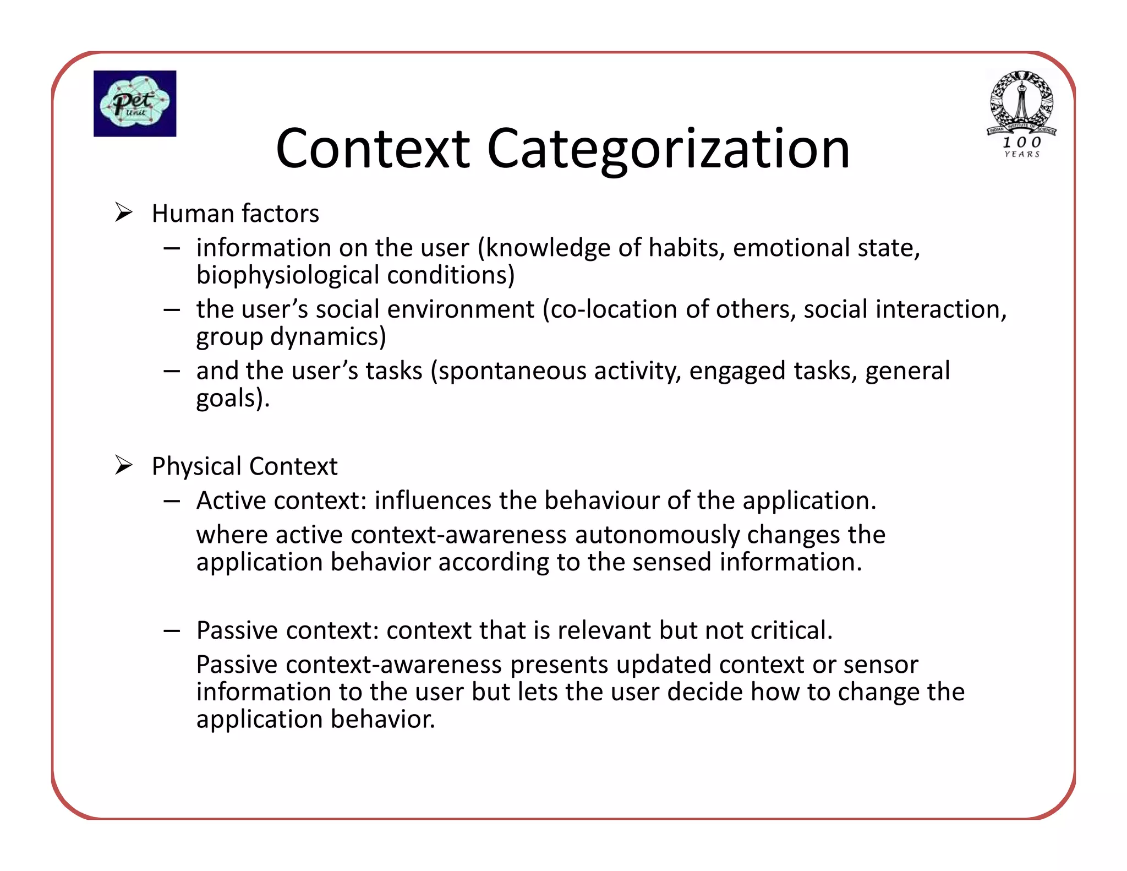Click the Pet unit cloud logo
(135, 104)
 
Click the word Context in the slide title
(373, 149)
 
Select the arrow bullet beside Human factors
(124, 213)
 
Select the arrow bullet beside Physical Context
(124, 466)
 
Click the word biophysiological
(288, 275)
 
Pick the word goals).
(233, 398)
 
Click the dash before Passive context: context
(172, 631)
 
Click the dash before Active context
(172, 501)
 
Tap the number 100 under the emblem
(1022, 142)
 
